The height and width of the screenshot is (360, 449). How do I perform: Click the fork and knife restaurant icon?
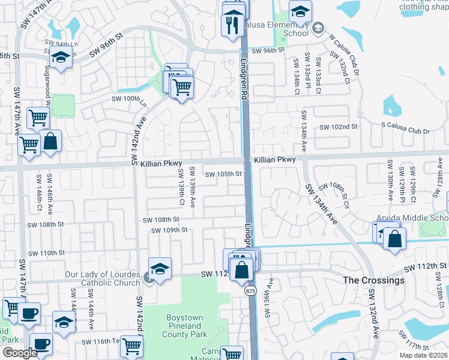pyautogui.click(x=230, y=25)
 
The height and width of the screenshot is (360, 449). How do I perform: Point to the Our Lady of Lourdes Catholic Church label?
pyautogui.click(x=101, y=279)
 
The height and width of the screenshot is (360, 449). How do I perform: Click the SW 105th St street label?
pyautogui.click(x=223, y=175)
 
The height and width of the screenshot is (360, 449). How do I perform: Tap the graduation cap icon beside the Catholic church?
pyautogui.click(x=160, y=270)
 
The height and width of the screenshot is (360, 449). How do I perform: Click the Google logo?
pyautogui.click(x=19, y=353)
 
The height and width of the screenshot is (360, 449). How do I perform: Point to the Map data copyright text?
pyautogui.click(x=423, y=355)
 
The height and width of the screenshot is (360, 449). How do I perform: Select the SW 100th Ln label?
pyautogui.click(x=129, y=99)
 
